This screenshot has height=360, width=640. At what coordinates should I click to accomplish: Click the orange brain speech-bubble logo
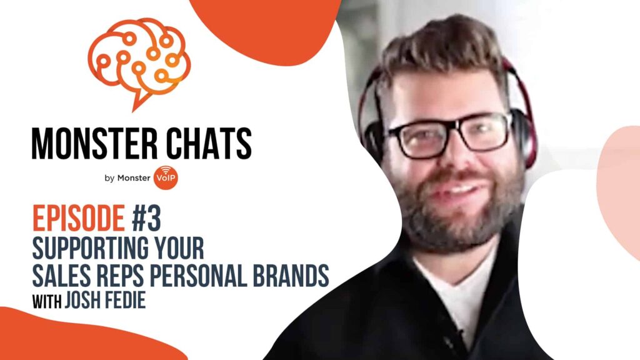tap(139, 61)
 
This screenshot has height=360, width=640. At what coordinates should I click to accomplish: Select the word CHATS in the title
tap(209, 143)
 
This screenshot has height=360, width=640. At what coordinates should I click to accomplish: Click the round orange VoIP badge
tap(166, 177)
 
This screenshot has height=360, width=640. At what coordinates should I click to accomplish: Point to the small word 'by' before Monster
tap(109, 178)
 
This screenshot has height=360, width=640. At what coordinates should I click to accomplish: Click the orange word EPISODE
tap(78, 218)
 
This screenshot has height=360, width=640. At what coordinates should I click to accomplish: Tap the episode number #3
tap(146, 218)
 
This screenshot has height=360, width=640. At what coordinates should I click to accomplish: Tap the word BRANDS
tap(291, 276)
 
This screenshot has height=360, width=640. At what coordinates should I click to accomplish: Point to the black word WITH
tap(47, 302)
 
